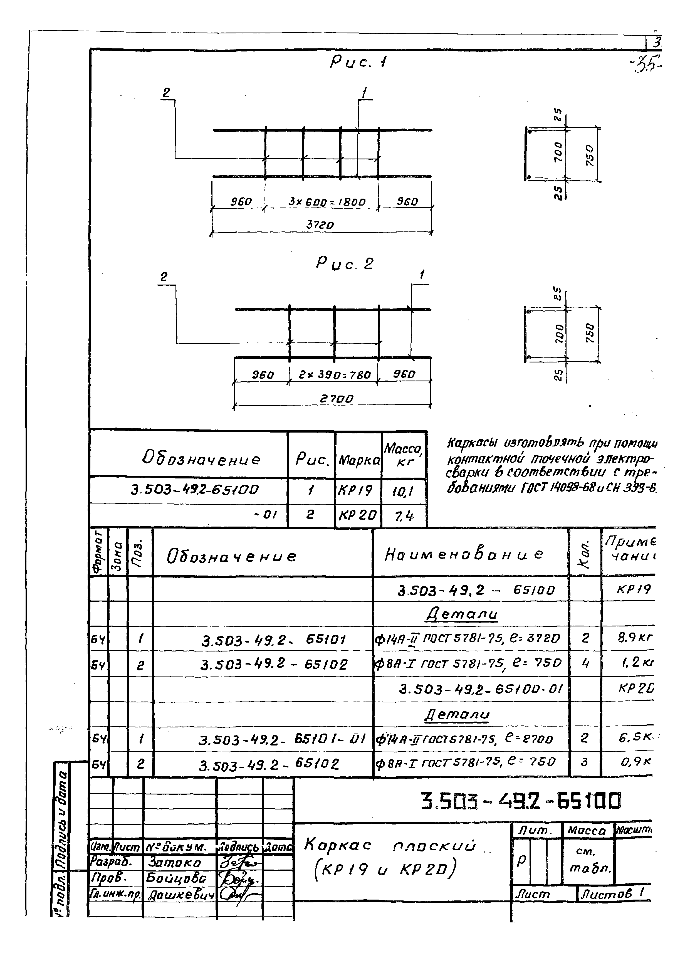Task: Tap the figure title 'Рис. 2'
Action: (345, 264)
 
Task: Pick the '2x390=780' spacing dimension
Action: (335, 374)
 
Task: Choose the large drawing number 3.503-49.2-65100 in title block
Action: (521, 801)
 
